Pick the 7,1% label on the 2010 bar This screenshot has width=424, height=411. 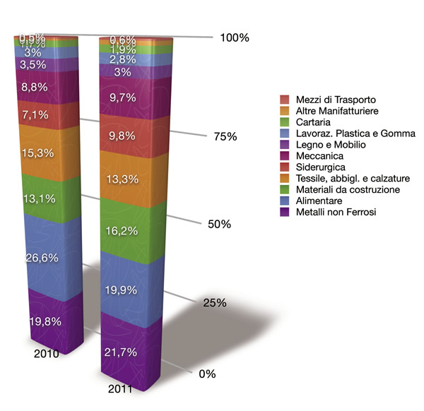(35, 114)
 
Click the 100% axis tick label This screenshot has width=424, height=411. (235, 37)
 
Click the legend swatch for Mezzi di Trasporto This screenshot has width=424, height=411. (284, 100)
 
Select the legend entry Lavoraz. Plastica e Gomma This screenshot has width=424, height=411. (345, 133)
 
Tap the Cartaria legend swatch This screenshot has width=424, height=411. (284, 122)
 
